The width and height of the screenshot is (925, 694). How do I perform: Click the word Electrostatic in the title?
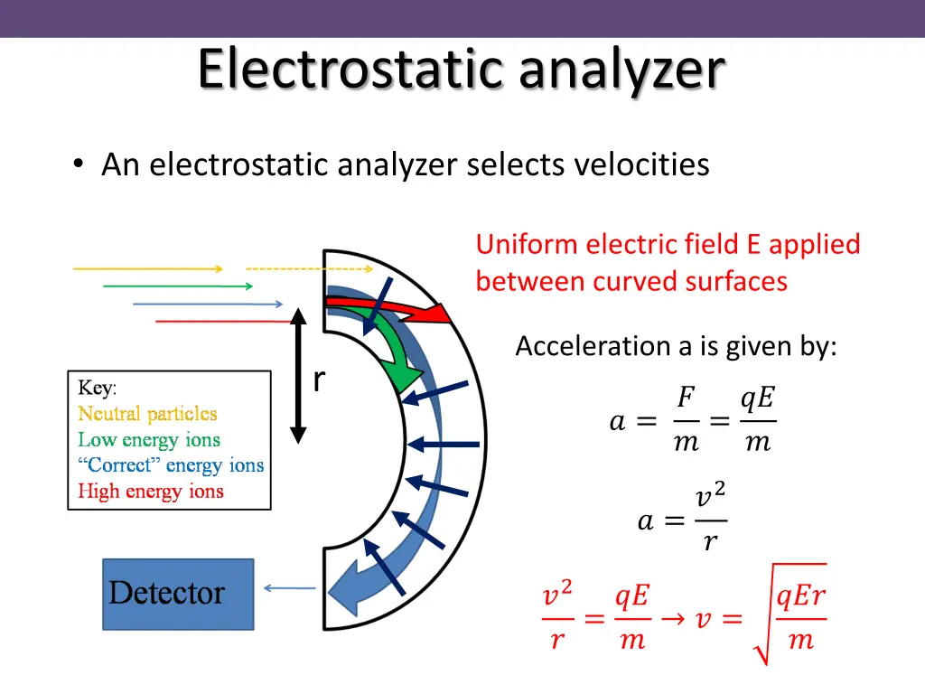pos(348,70)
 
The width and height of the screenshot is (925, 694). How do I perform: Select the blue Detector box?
pos(178,594)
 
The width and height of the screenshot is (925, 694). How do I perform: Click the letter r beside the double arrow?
pos(319,381)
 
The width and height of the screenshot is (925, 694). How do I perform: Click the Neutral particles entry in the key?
pos(147,414)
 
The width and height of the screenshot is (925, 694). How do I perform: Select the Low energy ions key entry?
pos(149,440)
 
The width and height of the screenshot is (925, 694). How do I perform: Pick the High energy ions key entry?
pos(151,492)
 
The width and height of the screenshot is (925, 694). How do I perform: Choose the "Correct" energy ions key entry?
pos(171,466)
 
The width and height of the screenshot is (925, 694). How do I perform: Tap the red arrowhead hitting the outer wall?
pos(435,314)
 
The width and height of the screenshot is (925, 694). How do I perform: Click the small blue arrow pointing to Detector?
pos(289,589)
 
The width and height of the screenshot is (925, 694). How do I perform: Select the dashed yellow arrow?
pos(309,268)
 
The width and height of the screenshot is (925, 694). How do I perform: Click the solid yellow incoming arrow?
pos(147,268)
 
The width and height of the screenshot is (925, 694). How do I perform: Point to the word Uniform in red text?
pos(527,245)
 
